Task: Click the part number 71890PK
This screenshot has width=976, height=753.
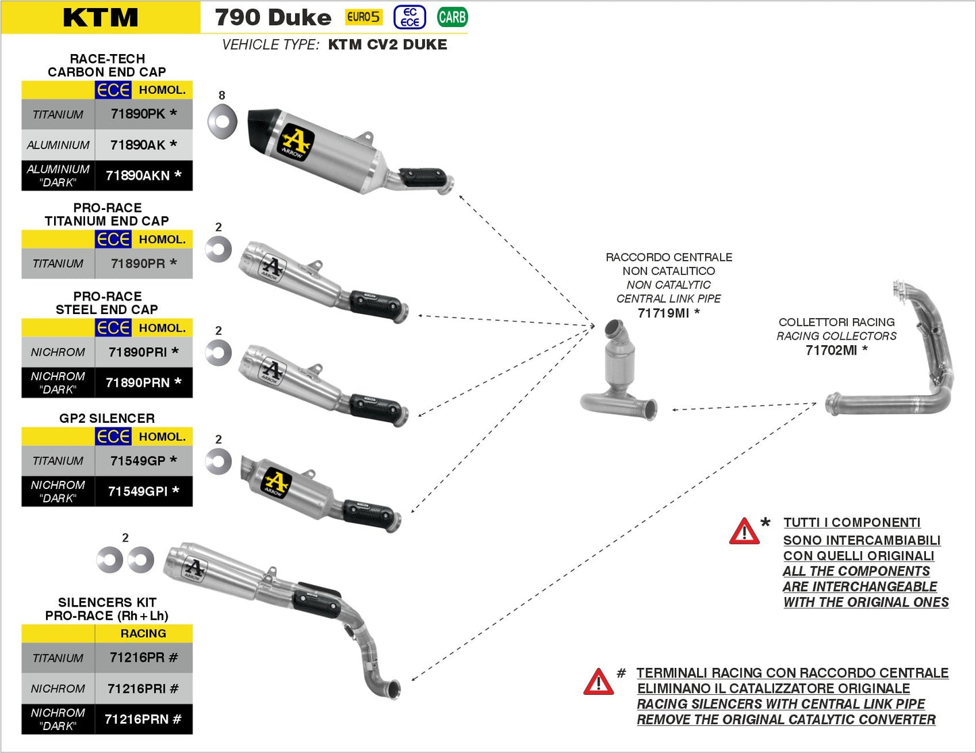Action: point(138,114)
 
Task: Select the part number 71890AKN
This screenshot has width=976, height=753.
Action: point(138,176)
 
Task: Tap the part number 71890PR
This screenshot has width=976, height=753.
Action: point(138,263)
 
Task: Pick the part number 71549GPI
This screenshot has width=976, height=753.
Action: point(138,492)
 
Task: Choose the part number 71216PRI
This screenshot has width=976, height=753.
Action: point(137,689)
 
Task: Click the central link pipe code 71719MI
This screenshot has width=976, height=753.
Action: point(663,313)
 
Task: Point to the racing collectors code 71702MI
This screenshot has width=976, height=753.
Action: point(831,350)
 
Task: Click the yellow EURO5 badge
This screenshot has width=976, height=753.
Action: point(363,18)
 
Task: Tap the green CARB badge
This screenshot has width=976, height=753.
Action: point(452,18)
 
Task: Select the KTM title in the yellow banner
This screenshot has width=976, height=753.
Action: point(100,18)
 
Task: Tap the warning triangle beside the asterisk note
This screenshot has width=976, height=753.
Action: point(744,531)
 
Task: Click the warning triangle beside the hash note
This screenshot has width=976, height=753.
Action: point(598,682)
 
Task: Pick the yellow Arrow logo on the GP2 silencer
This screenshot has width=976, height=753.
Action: point(276,482)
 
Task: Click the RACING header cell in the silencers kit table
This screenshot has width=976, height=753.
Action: point(143,633)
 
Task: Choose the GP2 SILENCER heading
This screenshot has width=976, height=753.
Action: point(107,418)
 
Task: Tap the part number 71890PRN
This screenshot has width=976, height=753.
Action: point(138,383)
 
